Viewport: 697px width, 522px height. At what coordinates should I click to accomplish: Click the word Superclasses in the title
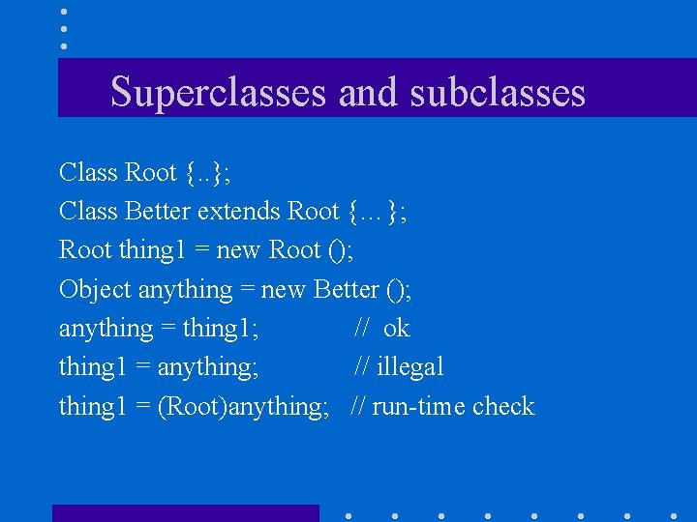point(219,93)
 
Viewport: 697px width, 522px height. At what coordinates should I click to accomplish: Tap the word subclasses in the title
point(498,93)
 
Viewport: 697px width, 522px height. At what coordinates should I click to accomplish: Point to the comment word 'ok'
point(396,329)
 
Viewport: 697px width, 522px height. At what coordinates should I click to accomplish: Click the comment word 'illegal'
point(409,367)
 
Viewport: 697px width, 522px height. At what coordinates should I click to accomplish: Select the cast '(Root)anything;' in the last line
point(243,407)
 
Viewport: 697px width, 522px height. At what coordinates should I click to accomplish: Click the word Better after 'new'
point(348,290)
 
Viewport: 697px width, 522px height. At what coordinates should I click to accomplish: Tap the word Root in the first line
point(151,173)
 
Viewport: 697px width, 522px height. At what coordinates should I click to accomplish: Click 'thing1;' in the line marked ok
point(220,330)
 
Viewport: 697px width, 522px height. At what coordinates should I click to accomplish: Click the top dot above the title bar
point(64,13)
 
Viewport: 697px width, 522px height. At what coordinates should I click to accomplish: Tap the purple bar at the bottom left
point(185,513)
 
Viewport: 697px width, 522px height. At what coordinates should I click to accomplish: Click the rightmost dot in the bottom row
point(673,515)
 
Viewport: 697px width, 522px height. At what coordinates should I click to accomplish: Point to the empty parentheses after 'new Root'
point(339,251)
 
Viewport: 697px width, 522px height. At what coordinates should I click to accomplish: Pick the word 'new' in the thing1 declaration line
point(238,251)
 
